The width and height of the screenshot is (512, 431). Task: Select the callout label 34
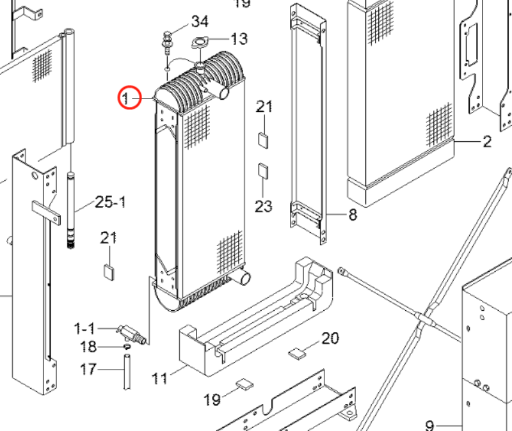click(199, 21)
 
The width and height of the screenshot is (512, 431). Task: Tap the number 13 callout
click(238, 40)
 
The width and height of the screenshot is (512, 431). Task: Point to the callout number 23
click(264, 206)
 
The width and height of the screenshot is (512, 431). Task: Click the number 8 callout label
click(352, 215)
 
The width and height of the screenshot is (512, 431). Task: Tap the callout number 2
click(486, 141)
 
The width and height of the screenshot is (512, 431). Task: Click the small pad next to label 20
click(298, 351)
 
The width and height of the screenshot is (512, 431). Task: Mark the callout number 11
click(159, 377)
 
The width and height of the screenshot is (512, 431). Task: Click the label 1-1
click(84, 329)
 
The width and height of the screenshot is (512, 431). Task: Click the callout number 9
click(429, 424)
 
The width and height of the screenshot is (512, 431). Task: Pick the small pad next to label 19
click(244, 384)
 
